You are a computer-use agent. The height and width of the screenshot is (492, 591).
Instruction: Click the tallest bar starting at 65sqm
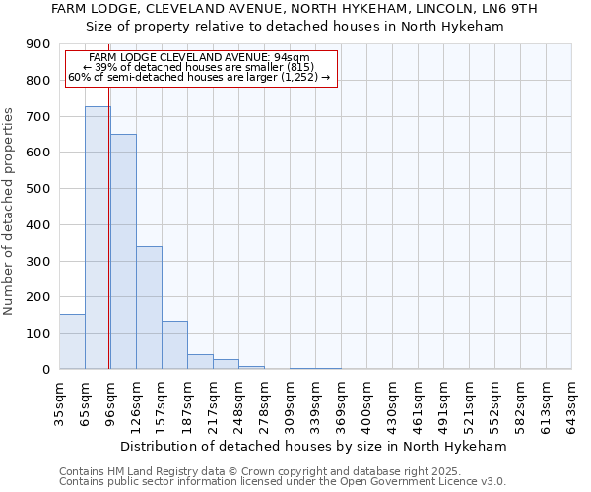tap(98, 237)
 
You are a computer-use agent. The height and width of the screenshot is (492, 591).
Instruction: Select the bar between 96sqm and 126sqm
tap(123, 251)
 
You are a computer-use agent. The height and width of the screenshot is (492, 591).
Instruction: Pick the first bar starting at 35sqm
tap(72, 341)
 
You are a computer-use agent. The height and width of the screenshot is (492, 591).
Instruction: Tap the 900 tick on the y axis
tap(38, 44)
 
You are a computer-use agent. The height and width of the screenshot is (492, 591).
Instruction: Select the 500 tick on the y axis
tap(38, 189)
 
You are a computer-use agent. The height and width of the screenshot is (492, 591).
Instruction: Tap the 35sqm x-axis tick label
tap(59, 400)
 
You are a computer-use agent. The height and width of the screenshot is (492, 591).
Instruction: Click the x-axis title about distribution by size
tap(315, 446)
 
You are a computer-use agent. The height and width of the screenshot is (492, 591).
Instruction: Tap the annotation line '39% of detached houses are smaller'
tap(200, 66)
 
